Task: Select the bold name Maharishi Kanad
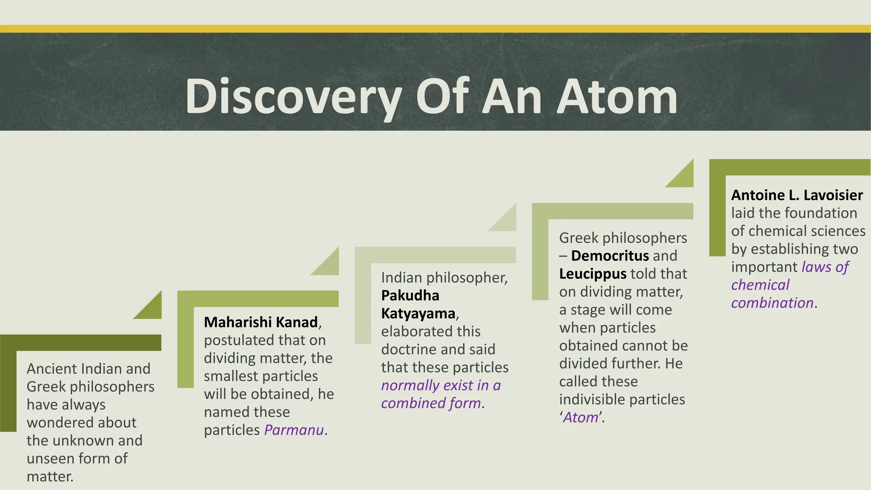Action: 261,322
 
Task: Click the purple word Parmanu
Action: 294,430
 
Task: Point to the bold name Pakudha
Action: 410,296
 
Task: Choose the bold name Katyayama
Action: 418,313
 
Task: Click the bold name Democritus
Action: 610,256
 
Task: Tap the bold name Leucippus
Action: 593,273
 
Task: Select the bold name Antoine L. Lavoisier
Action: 797,195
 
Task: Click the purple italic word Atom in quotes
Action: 581,417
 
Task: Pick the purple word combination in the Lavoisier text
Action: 772,303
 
